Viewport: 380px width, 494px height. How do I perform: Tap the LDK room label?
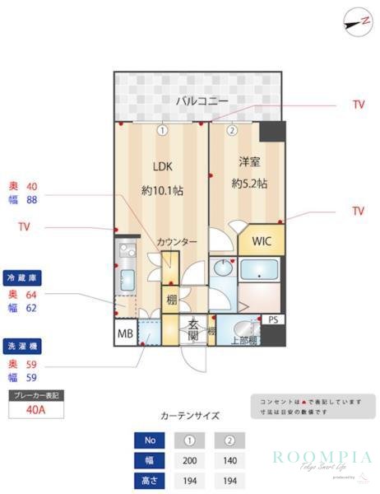point(161,164)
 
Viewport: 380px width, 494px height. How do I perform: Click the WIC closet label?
point(262,241)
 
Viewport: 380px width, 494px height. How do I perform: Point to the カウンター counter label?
point(178,241)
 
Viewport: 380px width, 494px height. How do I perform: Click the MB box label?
point(125,333)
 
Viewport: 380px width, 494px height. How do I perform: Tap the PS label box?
point(273,319)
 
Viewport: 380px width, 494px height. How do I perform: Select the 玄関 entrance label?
point(193,329)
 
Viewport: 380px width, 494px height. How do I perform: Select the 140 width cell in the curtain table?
point(231,459)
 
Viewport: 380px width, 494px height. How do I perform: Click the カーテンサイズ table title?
point(190,417)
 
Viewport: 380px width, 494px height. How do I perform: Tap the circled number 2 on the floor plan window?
point(232,130)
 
